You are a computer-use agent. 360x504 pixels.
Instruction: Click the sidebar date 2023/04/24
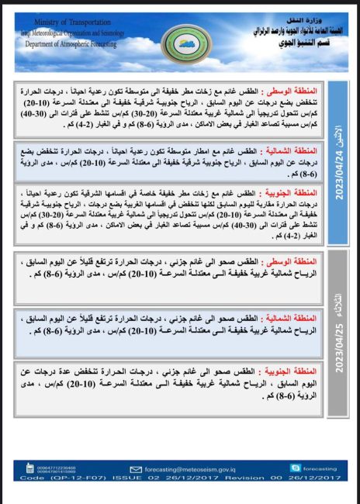coord(340,177)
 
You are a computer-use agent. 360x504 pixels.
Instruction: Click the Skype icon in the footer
coord(295,468)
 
